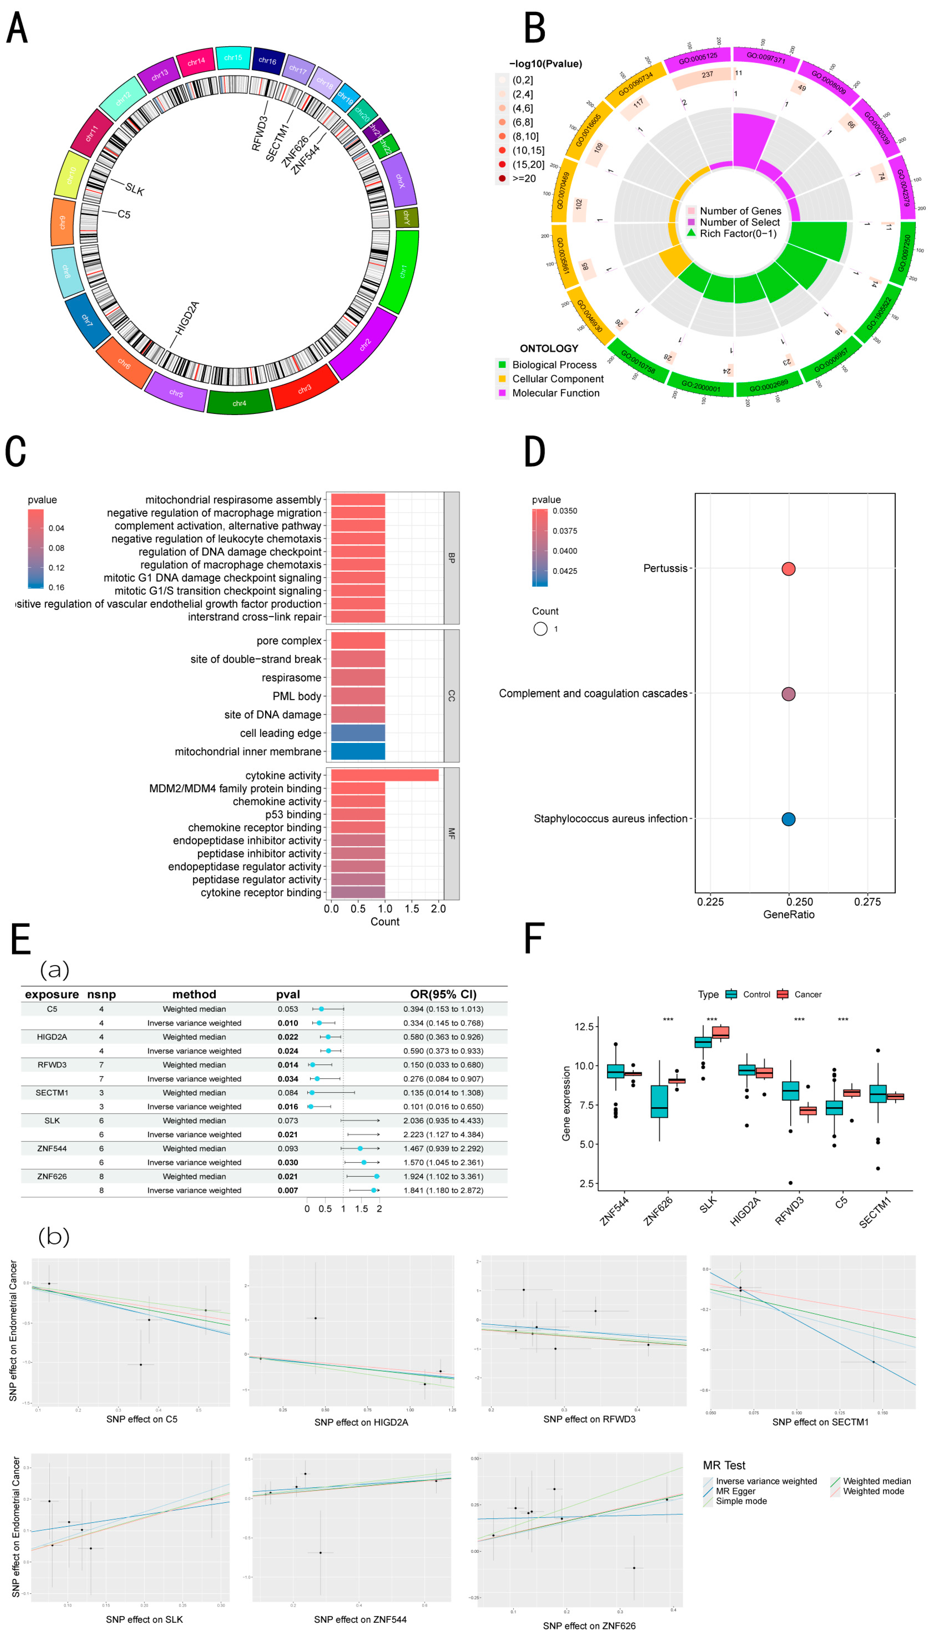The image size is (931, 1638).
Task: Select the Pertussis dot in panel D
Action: [788, 569]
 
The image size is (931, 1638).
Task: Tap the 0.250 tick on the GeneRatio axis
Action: [799, 902]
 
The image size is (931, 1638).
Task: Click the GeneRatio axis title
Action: [788, 915]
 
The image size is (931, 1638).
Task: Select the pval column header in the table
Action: [288, 994]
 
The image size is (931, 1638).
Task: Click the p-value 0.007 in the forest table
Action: [288, 1190]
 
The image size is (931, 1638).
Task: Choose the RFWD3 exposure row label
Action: [52, 1065]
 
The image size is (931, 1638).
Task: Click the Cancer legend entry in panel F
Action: [807, 994]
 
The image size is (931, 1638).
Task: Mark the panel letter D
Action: [534, 451]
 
